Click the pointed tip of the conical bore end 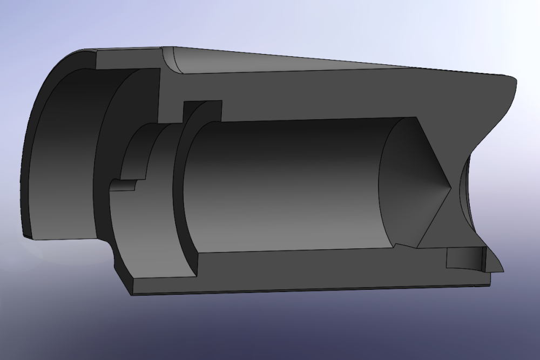tap(450, 187)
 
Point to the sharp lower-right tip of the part tap(503, 270)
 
